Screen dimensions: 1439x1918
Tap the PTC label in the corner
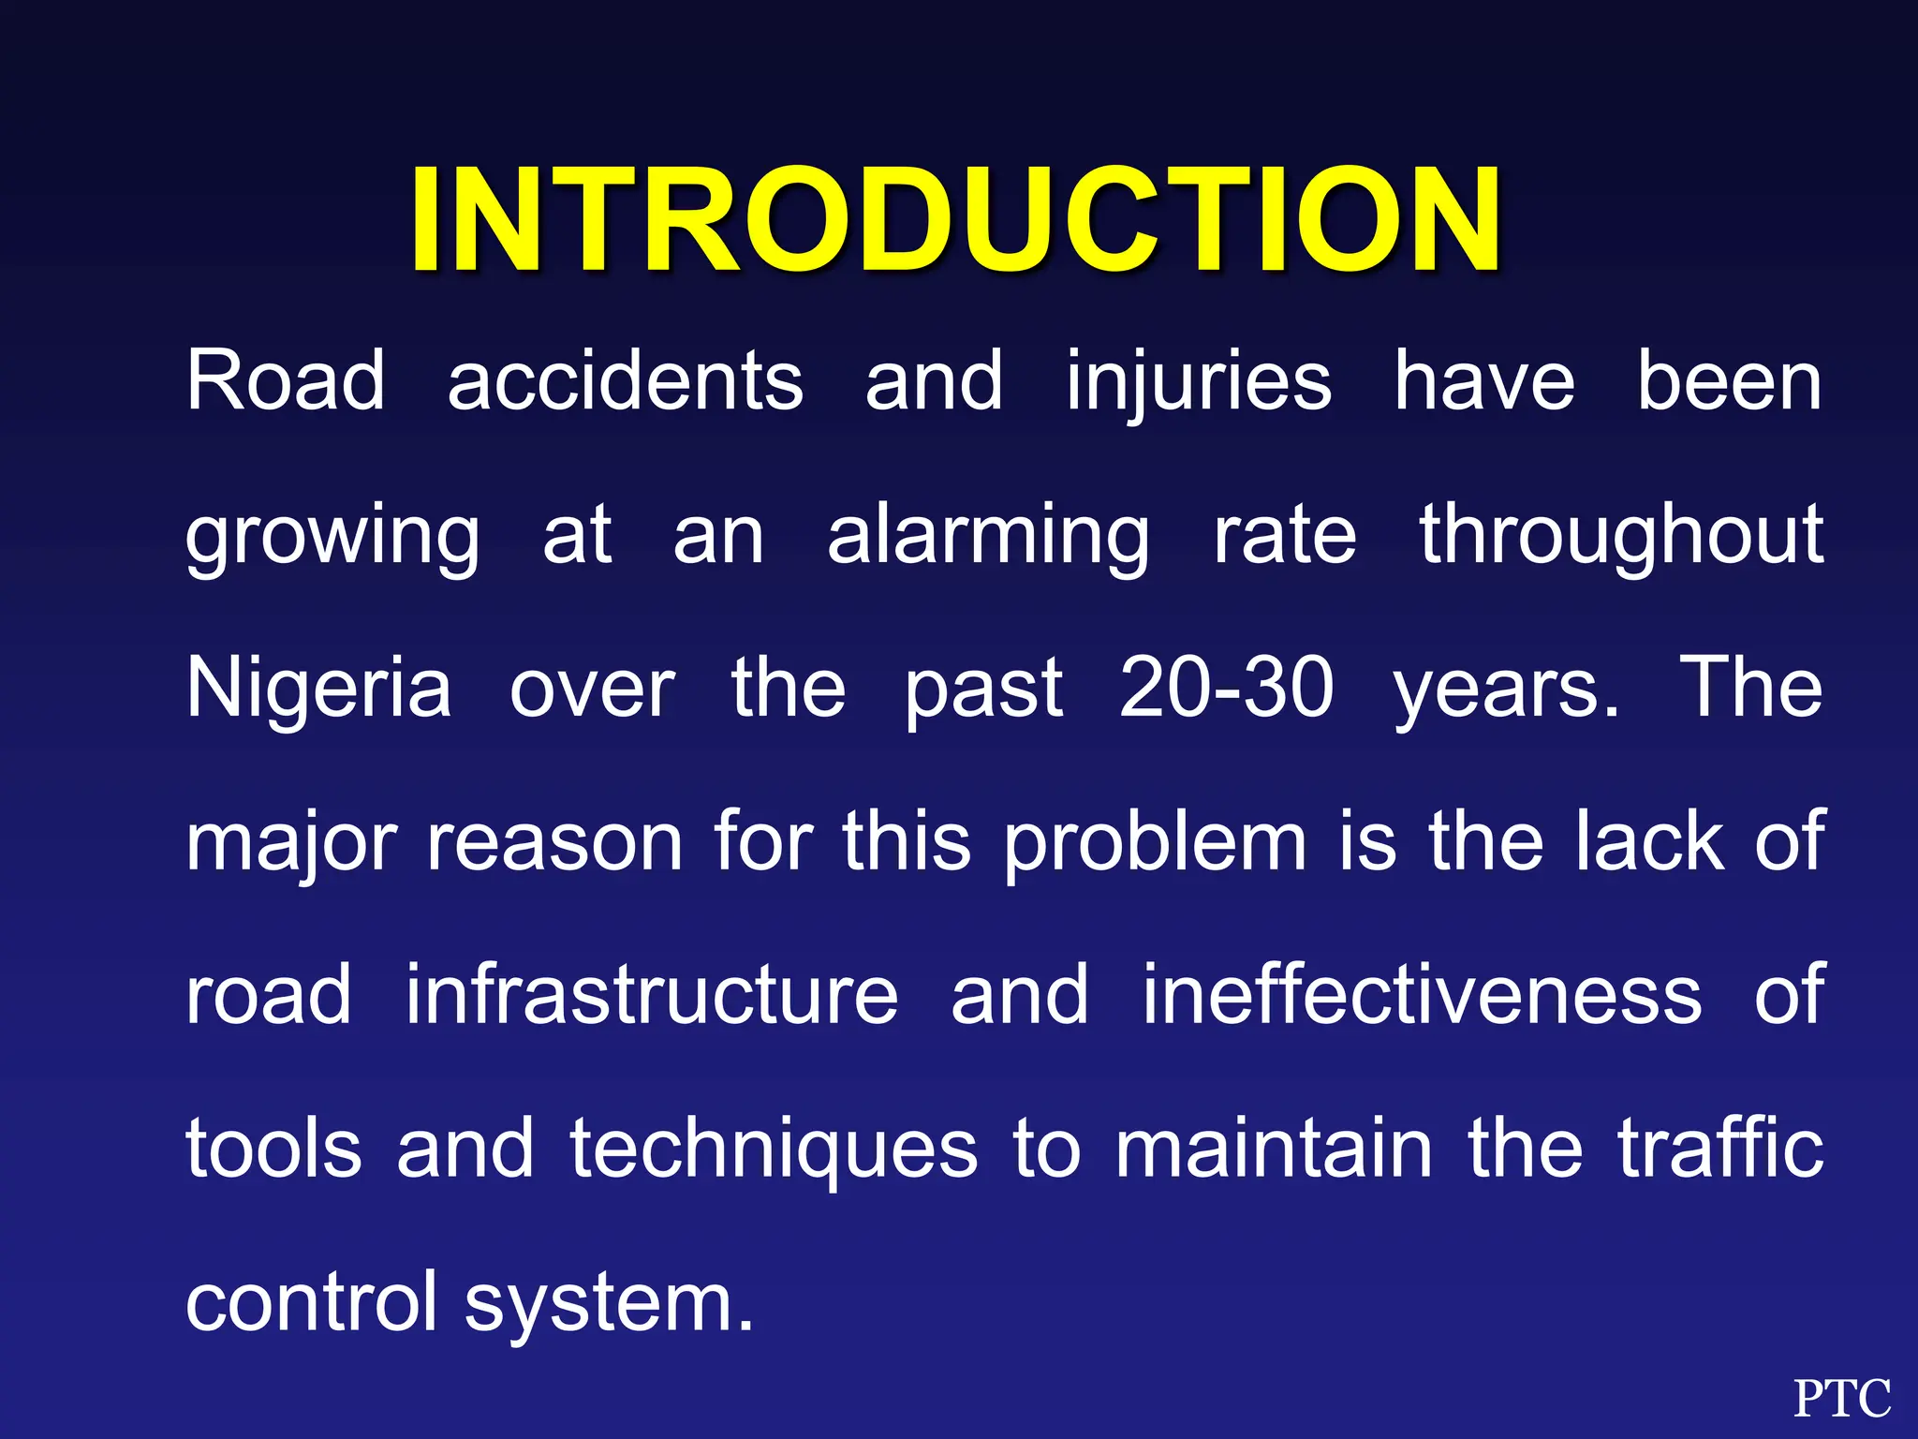pyautogui.click(x=1841, y=1400)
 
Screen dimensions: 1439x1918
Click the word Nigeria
pyautogui.click(x=318, y=689)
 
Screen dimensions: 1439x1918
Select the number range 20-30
pyautogui.click(x=1226, y=689)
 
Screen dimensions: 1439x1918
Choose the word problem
pyautogui.click(x=1155, y=843)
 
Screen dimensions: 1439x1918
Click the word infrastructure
pyautogui.click(x=652, y=995)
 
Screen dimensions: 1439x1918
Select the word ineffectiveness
pyautogui.click(x=1422, y=995)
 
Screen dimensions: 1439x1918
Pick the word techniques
pyautogui.click(x=775, y=1150)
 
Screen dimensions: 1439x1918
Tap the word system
pyautogui.click(x=609, y=1305)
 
